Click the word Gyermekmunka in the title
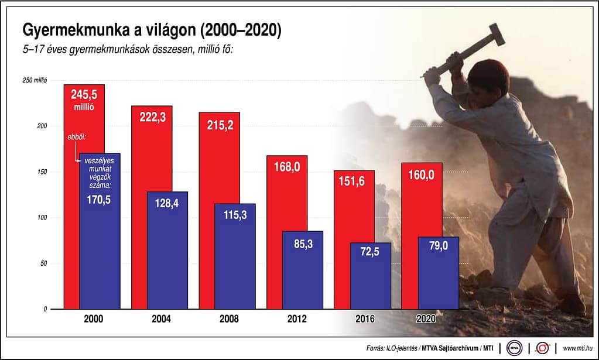[66, 30]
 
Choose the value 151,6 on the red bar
[354, 181]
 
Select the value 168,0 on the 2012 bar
[287, 167]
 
